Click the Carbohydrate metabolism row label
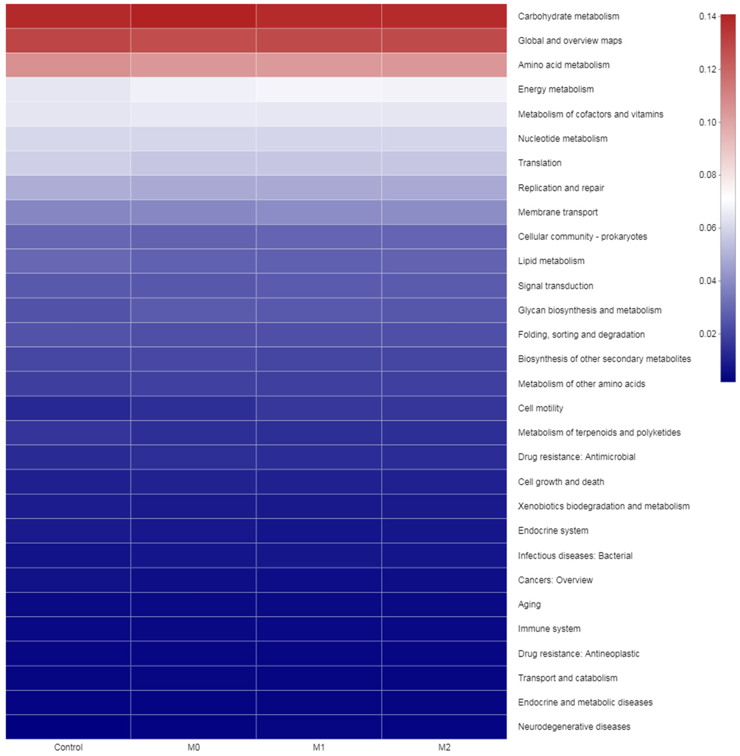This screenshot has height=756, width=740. click(x=568, y=16)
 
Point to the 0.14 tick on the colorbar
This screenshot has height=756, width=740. click(x=707, y=16)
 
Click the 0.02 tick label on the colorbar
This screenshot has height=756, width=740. click(x=707, y=334)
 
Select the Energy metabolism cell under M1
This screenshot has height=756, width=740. click(x=319, y=89)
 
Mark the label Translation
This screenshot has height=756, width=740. click(x=539, y=163)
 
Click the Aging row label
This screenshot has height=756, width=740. click(x=529, y=604)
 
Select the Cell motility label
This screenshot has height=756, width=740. click(x=540, y=408)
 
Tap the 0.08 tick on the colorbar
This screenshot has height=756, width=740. click(x=707, y=175)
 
